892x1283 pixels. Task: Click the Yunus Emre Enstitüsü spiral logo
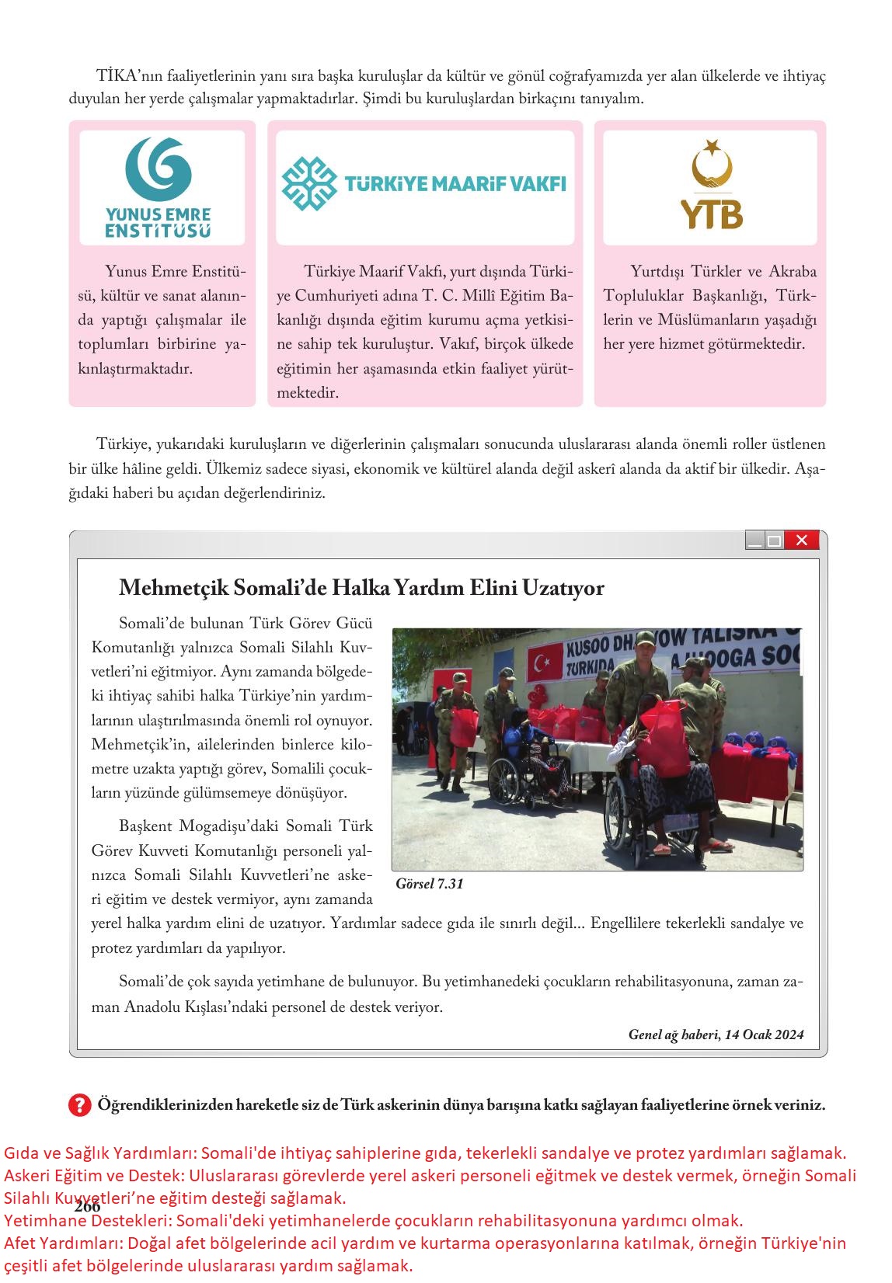pyautogui.click(x=159, y=169)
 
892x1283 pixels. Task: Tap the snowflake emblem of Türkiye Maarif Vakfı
pyautogui.click(x=308, y=184)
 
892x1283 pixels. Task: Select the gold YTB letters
pyautogui.click(x=711, y=214)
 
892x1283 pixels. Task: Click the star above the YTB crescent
pyautogui.click(x=711, y=144)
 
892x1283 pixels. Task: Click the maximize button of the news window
pyautogui.click(x=774, y=541)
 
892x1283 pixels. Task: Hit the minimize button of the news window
pyautogui.click(x=754, y=541)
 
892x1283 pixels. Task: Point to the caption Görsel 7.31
pyautogui.click(x=429, y=884)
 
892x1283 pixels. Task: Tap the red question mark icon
pyautogui.click(x=79, y=1104)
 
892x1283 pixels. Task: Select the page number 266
pyautogui.click(x=88, y=1207)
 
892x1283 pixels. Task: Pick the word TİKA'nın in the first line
pyautogui.click(x=127, y=76)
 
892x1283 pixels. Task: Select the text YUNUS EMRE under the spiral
pyautogui.click(x=158, y=214)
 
